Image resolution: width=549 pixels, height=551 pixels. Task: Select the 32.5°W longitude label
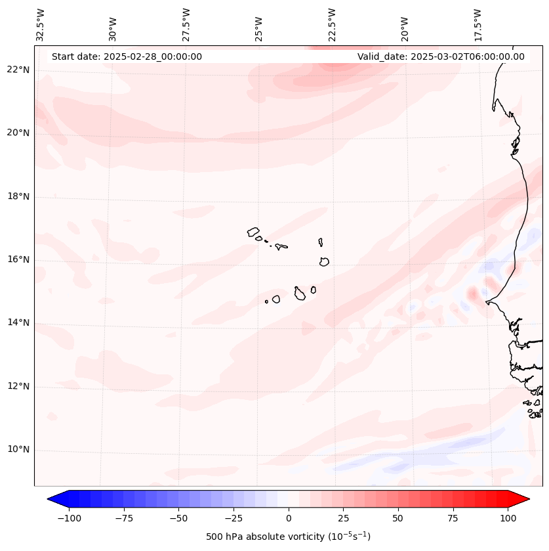click(x=41, y=24)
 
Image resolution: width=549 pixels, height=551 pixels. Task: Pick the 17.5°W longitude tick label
click(x=478, y=24)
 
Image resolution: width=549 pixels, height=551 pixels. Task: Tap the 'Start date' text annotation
click(x=127, y=56)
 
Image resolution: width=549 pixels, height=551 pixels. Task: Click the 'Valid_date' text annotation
click(x=441, y=56)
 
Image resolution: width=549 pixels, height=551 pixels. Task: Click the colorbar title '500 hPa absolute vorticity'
click(x=289, y=537)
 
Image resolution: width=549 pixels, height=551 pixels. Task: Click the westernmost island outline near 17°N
click(x=253, y=231)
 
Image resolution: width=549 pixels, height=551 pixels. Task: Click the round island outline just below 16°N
click(x=324, y=261)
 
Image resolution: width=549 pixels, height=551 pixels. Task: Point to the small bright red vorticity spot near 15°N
click(x=472, y=292)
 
